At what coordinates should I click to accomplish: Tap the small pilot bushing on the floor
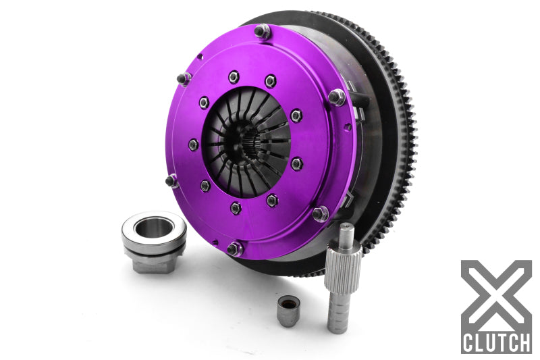tap(288, 310)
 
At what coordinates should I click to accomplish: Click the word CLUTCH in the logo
tap(496, 342)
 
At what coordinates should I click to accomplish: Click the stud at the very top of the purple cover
tap(261, 30)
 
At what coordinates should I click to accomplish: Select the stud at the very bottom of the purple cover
tap(234, 249)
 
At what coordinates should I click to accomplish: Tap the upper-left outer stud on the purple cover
tap(184, 78)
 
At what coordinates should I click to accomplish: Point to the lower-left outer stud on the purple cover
tap(172, 180)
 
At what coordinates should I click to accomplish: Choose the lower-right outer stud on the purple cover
tap(320, 213)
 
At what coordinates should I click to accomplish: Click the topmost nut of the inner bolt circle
tap(234, 77)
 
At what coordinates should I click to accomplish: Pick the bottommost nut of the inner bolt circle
tap(236, 207)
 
